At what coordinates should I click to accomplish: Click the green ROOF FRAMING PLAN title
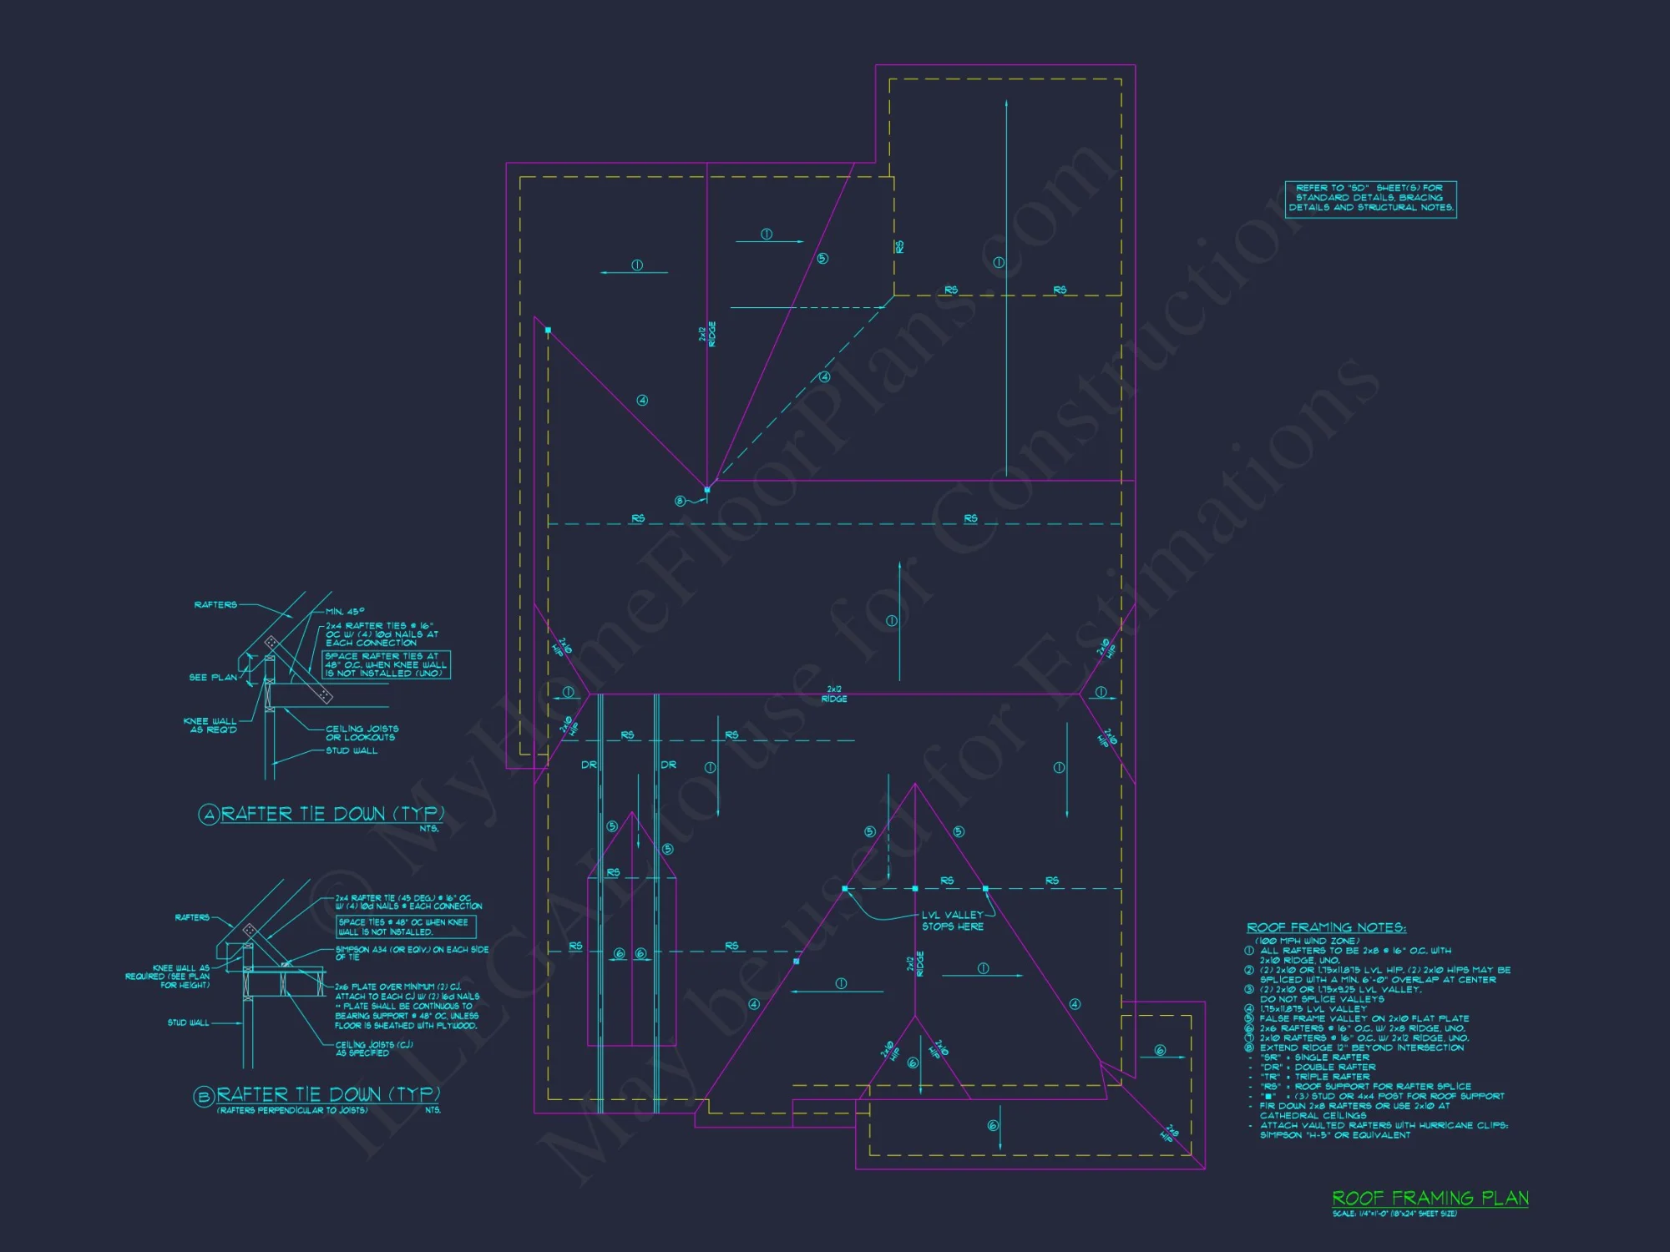point(1430,1199)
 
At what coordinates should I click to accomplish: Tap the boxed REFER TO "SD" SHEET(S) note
point(1371,199)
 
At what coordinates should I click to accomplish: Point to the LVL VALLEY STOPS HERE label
point(953,921)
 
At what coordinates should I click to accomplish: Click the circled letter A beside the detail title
point(208,815)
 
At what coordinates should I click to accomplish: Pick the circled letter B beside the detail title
point(204,1097)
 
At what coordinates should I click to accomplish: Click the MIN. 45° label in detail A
point(344,612)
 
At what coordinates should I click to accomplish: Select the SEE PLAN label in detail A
point(213,677)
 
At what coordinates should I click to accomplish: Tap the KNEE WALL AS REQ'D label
point(210,725)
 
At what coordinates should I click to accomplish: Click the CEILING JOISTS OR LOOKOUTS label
point(362,733)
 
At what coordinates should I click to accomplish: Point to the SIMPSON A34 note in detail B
point(412,953)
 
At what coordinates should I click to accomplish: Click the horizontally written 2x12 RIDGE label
point(834,694)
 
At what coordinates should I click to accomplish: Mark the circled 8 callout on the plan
point(680,501)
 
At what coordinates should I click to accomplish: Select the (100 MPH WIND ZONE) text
point(1307,941)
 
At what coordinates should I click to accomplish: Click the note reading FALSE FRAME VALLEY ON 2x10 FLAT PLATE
point(1364,1018)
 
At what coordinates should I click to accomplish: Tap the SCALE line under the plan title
point(1394,1214)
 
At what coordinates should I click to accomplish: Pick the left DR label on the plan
point(589,765)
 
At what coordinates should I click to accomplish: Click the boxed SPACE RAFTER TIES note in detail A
point(387,664)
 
